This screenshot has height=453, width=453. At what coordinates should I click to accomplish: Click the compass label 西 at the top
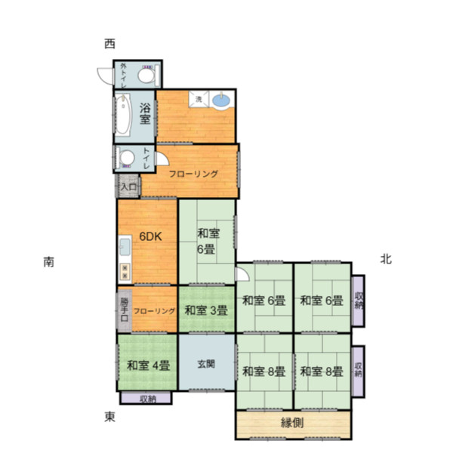[x=109, y=44]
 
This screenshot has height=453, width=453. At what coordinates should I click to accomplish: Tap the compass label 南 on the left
[x=49, y=262]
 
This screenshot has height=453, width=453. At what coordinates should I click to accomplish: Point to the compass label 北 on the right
[x=386, y=259]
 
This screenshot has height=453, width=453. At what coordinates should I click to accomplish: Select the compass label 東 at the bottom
[x=109, y=417]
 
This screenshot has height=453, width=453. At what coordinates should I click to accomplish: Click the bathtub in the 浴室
[x=123, y=116]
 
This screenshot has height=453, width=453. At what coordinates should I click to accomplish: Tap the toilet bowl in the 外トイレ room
[x=146, y=75]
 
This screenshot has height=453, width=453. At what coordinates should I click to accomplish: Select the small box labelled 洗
[x=199, y=99]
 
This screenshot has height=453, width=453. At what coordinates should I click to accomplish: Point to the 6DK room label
[x=150, y=236]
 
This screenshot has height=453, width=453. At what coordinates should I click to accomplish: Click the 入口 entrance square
[x=128, y=186]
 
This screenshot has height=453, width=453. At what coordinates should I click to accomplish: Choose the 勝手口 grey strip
[x=125, y=310]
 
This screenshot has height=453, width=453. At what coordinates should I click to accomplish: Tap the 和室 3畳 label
[x=206, y=310]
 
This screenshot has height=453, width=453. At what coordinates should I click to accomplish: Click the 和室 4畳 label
[x=148, y=365]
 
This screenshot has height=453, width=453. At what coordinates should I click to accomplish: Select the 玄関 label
[x=206, y=364]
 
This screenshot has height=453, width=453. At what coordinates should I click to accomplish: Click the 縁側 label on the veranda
[x=292, y=423]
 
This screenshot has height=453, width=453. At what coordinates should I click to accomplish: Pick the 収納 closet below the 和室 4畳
[x=146, y=398]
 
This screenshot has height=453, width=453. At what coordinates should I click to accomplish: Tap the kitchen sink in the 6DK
[x=125, y=247]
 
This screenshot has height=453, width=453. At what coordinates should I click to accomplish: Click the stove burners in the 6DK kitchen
[x=125, y=272]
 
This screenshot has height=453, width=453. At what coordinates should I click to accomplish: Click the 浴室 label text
[x=145, y=114]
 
